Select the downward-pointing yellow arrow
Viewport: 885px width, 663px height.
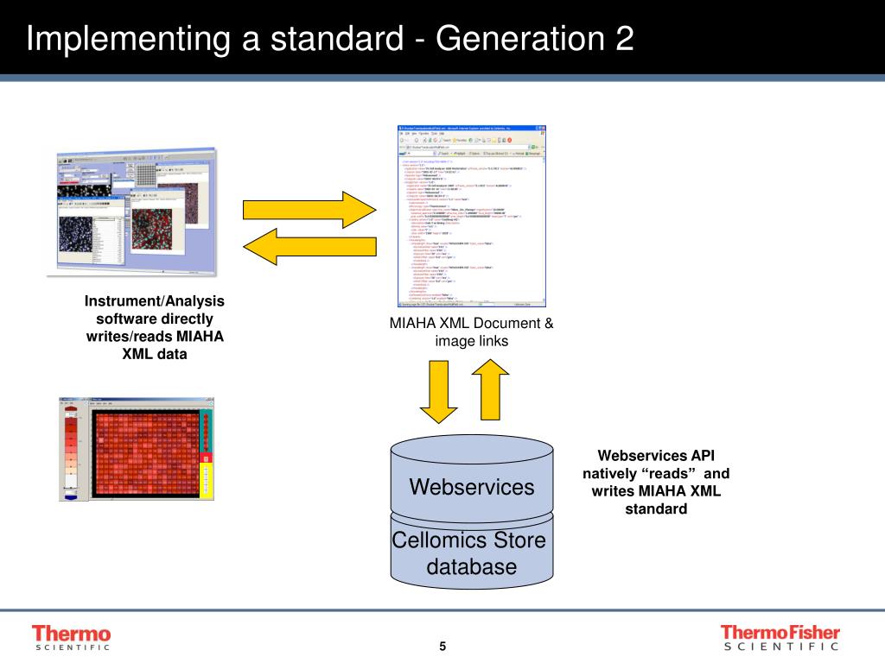coord(442,391)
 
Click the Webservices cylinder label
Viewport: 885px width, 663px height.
coord(471,487)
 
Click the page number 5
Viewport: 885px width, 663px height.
coord(442,647)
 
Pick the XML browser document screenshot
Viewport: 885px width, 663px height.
coord(472,216)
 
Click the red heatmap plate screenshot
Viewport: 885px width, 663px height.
coord(136,449)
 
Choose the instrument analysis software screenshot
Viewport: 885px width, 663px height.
coord(137,212)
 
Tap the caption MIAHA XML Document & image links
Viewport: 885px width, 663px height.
coord(471,332)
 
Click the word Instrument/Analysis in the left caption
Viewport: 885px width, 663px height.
coord(154,301)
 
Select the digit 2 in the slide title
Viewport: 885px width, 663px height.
coord(624,39)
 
